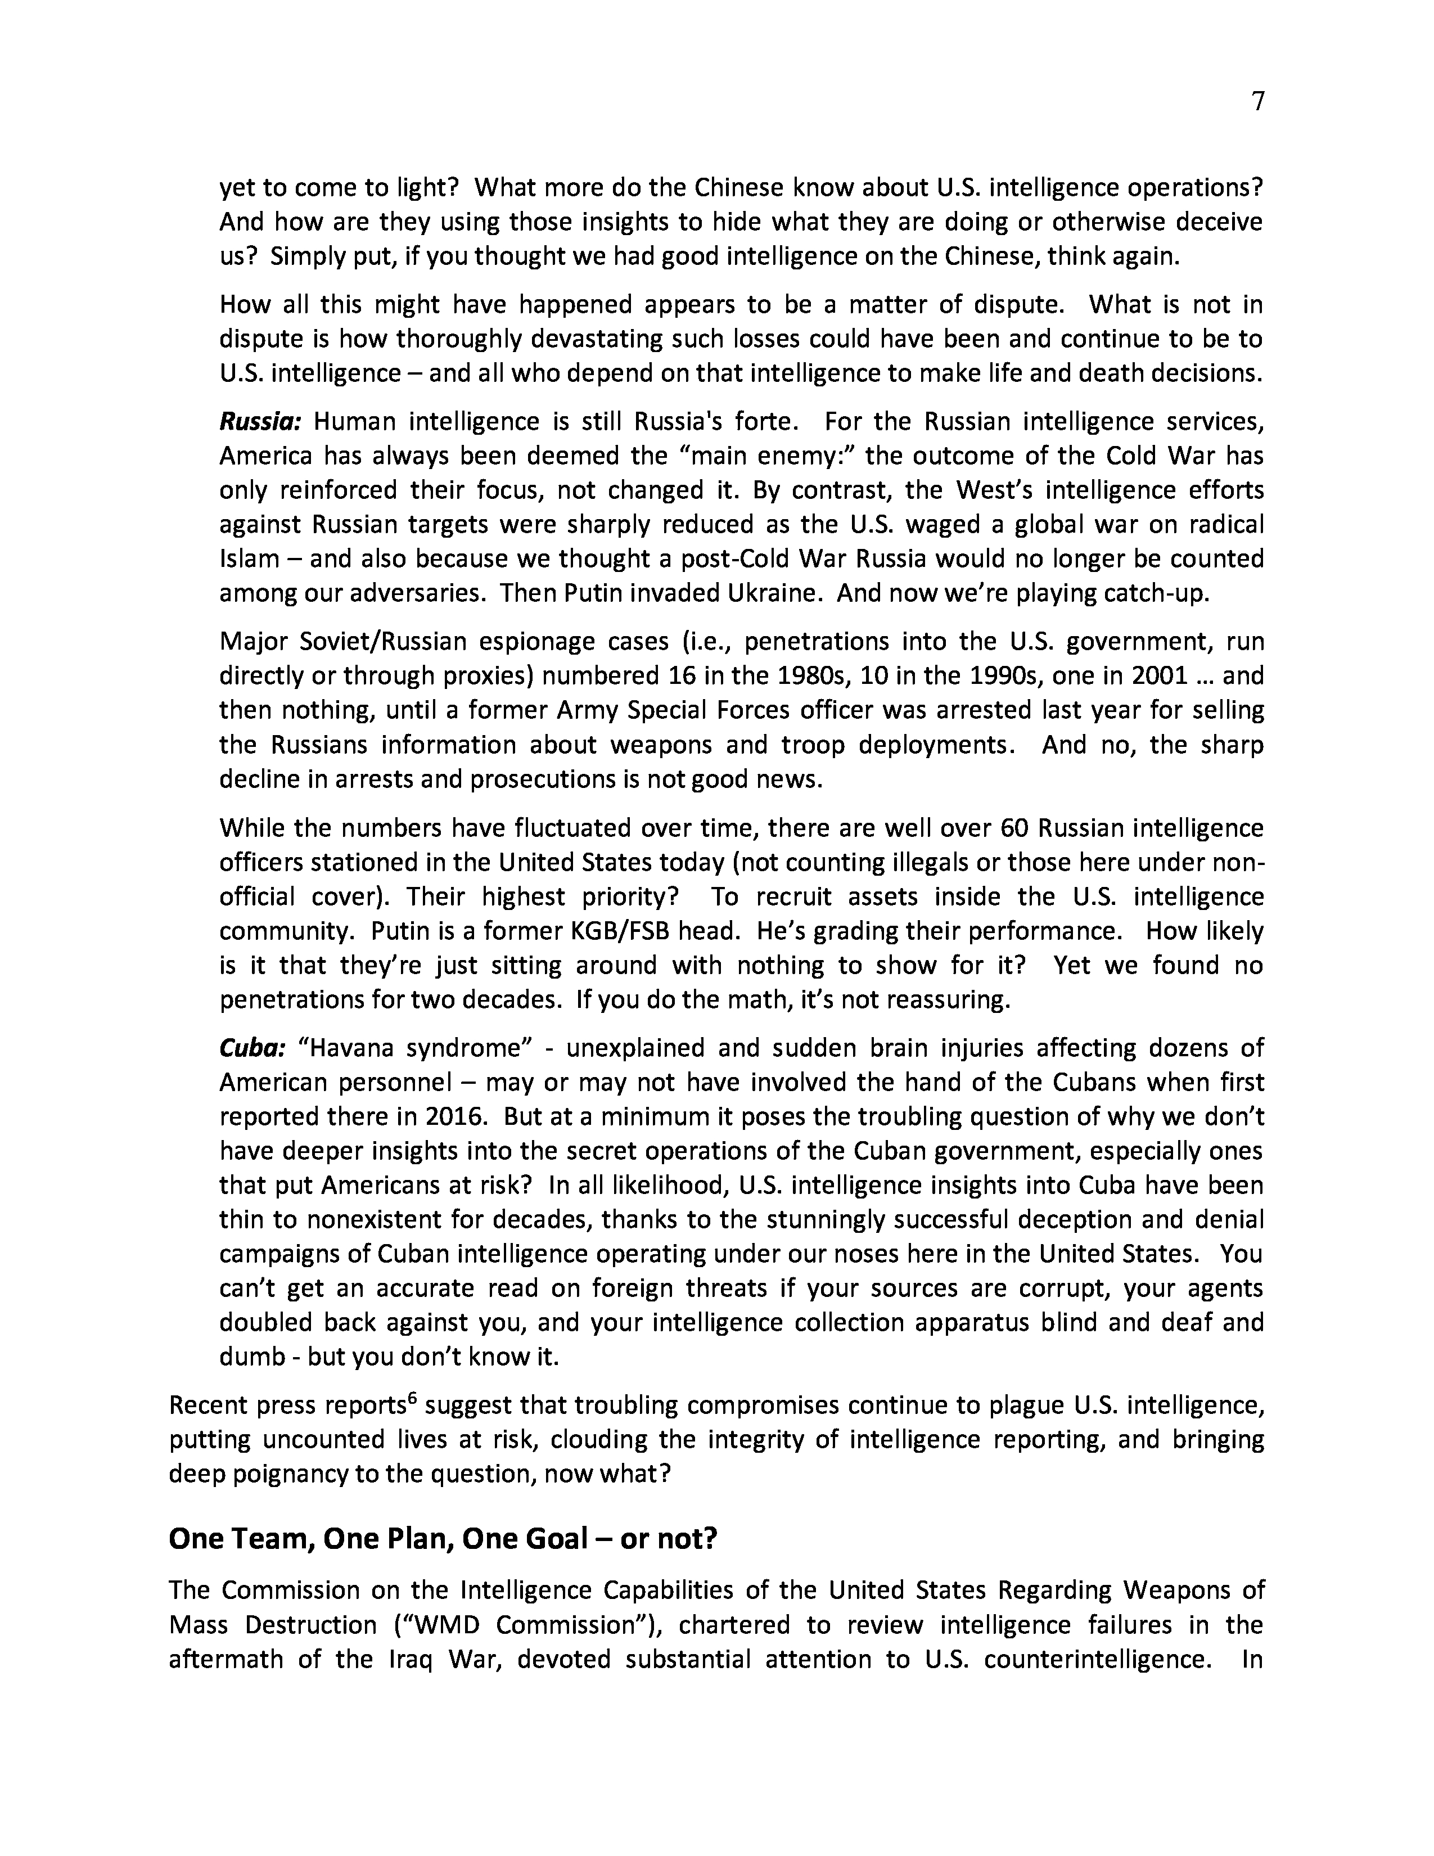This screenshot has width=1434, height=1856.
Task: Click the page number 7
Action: point(1258,102)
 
